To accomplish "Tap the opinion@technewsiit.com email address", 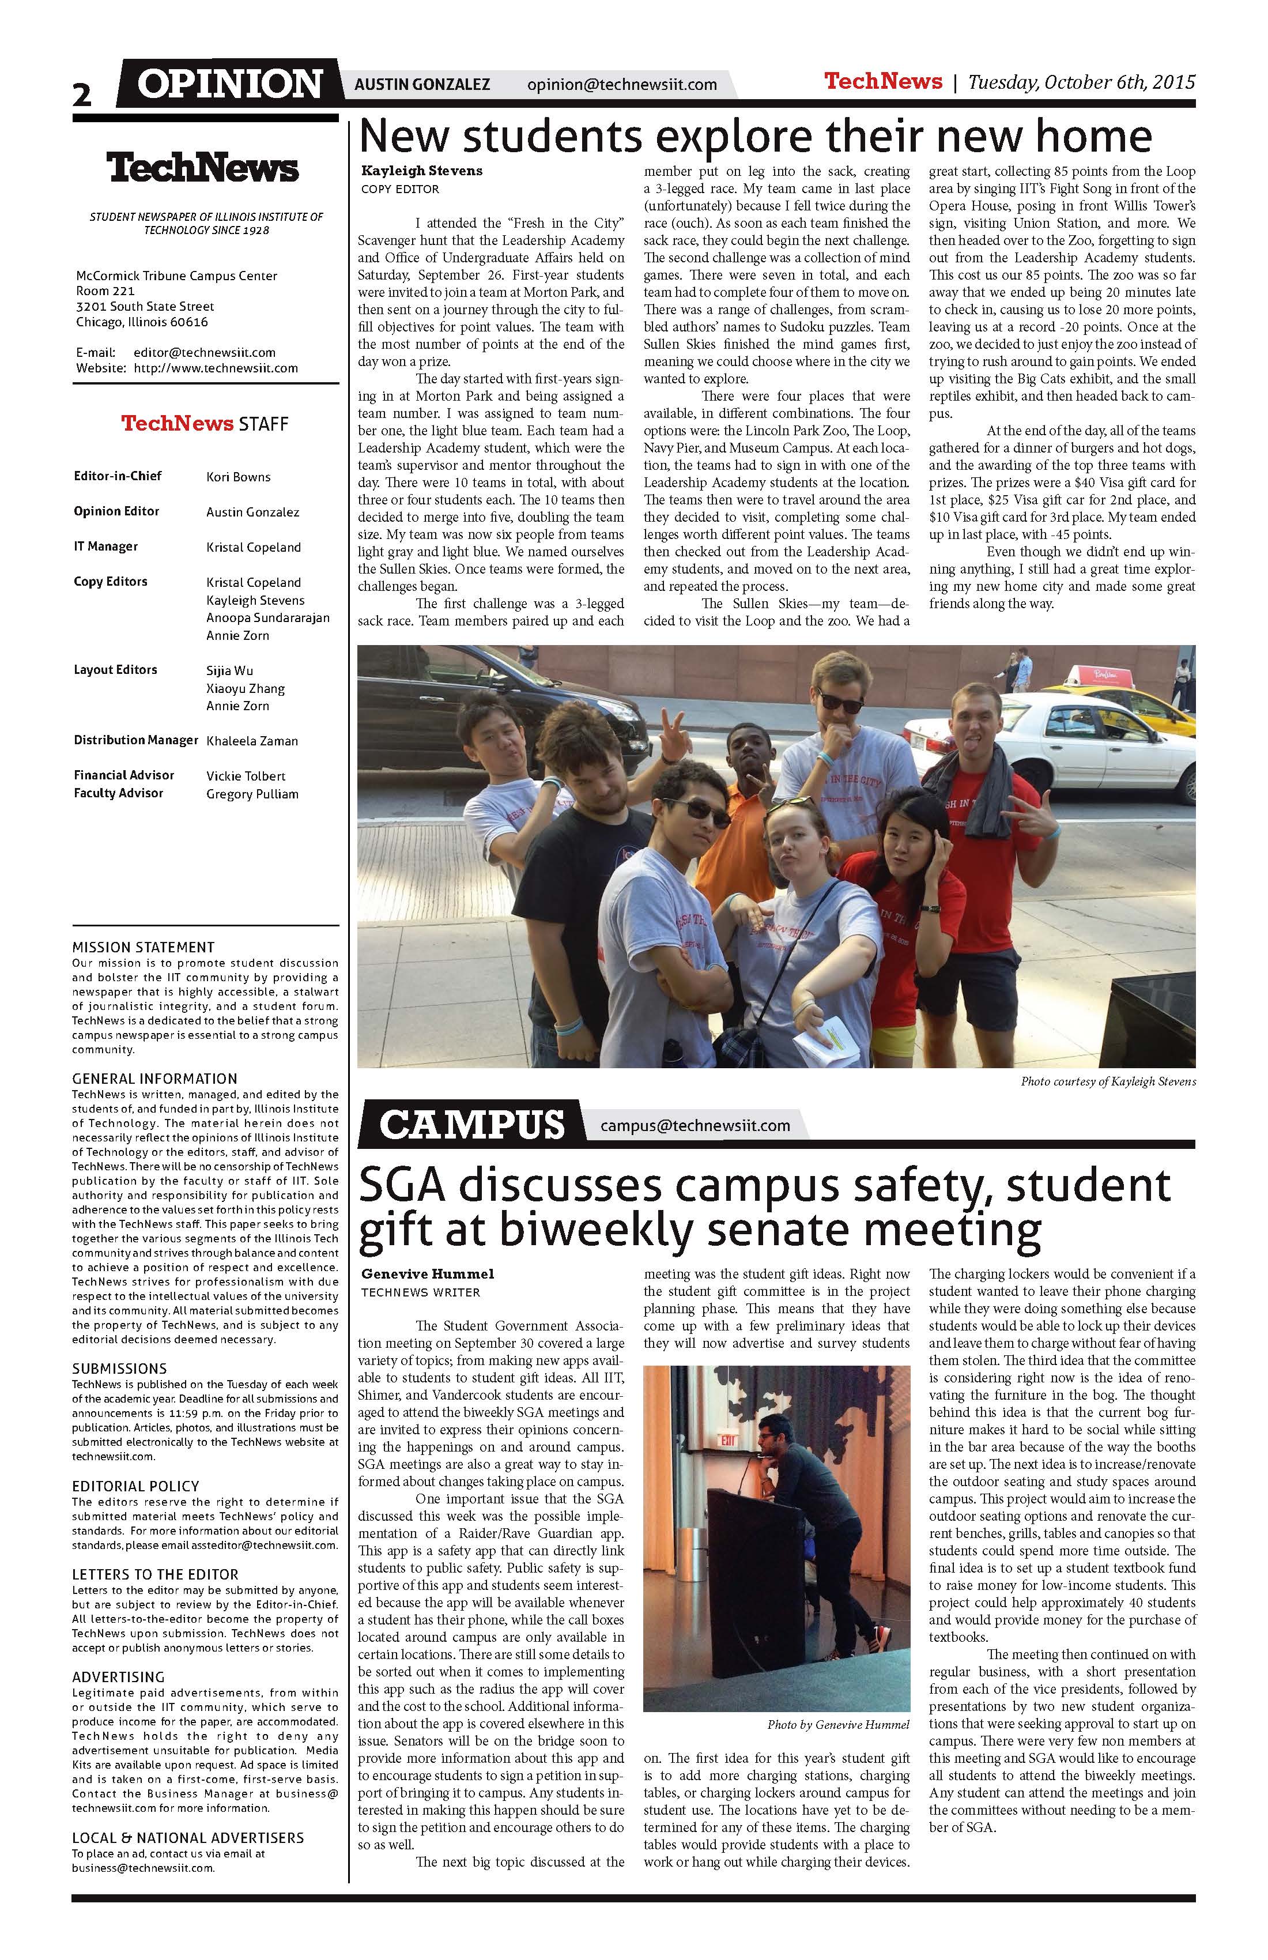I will coord(622,84).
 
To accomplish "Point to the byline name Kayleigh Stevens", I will coord(421,171).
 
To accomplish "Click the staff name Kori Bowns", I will coord(238,477).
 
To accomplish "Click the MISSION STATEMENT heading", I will coord(144,947).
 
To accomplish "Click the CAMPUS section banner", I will coord(472,1124).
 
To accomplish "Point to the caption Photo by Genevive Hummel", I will coord(838,1724).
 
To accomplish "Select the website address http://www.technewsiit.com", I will coord(216,368).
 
